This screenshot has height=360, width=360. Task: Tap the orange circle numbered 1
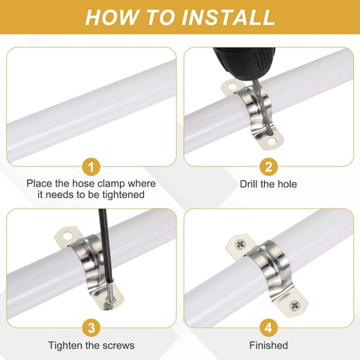[x=90, y=166]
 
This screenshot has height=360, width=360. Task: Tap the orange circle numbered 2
[x=268, y=166]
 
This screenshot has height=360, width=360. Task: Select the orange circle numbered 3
[x=90, y=326]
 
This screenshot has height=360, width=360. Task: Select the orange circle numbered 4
[x=268, y=326]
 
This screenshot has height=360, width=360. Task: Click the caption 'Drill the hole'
[x=268, y=184]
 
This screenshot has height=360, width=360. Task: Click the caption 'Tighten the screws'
[x=91, y=345]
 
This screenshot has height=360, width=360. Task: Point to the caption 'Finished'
[x=268, y=345]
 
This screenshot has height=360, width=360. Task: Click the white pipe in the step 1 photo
[x=90, y=105]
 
